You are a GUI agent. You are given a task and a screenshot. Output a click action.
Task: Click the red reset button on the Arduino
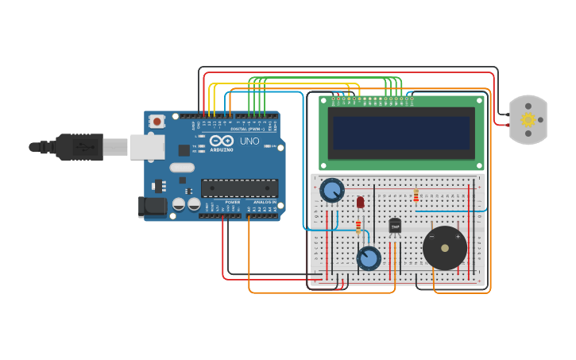157,122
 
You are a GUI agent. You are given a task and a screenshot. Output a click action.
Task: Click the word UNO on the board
249,141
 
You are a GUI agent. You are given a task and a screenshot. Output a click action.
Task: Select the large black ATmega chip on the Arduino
239,188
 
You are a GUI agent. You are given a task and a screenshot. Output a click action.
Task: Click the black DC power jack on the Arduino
152,207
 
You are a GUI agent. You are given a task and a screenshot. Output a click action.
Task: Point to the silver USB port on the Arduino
147,147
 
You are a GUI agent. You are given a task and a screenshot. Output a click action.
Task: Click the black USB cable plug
79,147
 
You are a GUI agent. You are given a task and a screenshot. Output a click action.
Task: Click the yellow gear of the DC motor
528,120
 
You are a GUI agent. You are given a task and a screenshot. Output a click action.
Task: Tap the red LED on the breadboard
360,202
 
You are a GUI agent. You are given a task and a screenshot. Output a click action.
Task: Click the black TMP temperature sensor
395,226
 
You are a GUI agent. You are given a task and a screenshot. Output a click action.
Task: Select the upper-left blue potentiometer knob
331,191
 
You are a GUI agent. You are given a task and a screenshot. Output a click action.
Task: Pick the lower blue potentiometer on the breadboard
368,258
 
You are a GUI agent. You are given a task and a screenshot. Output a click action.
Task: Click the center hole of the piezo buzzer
445,249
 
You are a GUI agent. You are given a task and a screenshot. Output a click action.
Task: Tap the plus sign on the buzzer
458,236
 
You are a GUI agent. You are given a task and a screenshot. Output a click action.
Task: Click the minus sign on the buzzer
432,236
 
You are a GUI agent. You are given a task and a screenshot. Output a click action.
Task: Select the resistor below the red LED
358,226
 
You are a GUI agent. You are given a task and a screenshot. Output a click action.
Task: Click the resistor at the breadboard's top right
416,195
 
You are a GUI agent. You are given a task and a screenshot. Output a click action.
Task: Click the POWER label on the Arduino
232,203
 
